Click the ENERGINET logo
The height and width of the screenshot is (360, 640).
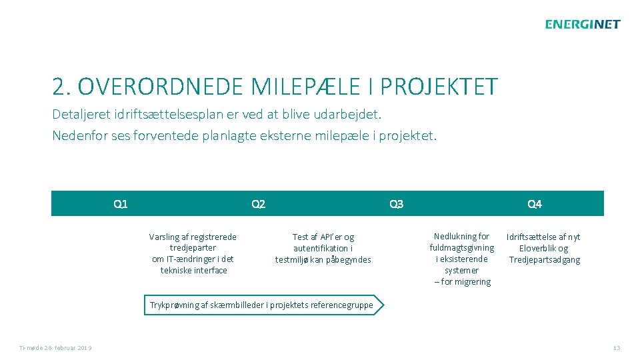point(582,25)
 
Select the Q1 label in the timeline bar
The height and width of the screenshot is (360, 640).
point(121,204)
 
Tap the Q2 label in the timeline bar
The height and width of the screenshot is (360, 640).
point(258,204)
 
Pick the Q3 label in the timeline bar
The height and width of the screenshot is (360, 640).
point(396,204)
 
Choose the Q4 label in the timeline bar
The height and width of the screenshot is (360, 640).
point(534,204)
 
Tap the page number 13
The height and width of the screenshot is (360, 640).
point(616,348)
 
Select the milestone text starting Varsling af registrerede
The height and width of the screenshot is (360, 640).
point(193,253)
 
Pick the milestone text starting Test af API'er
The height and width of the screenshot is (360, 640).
point(323,248)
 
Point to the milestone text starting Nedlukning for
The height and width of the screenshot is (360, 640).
point(461,259)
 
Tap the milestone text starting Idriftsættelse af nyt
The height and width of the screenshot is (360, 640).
point(544,248)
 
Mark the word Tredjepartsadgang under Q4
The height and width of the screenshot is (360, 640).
point(544,259)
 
